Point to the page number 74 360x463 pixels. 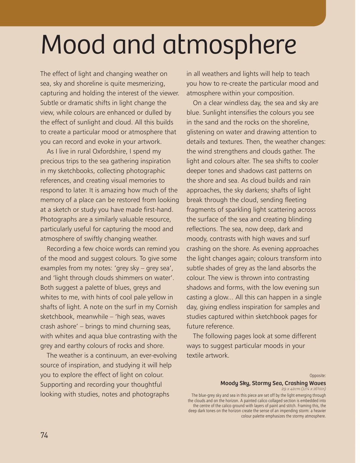(x=44, y=435)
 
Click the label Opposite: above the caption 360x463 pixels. (x=317, y=376)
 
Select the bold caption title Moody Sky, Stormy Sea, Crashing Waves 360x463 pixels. (x=273, y=383)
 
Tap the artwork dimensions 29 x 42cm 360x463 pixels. (x=291, y=389)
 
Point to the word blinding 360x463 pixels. (x=298, y=219)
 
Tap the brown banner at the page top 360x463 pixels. (x=163, y=13)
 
